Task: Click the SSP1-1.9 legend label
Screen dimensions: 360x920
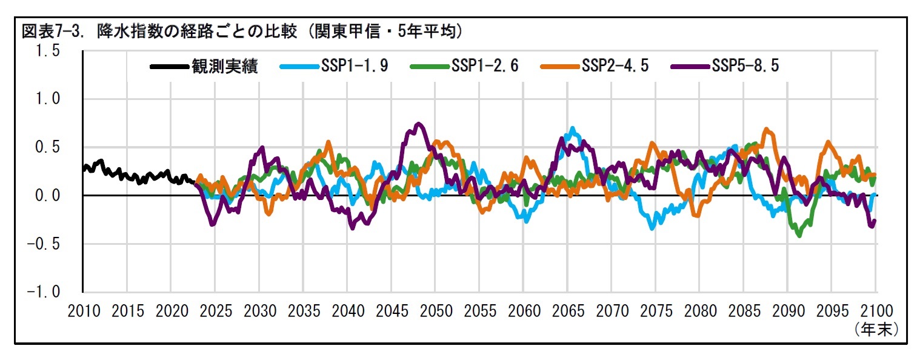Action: (x=355, y=65)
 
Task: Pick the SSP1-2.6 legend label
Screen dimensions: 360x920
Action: (x=485, y=65)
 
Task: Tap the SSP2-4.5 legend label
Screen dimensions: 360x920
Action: (x=615, y=65)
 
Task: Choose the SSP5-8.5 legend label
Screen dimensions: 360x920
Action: (x=745, y=65)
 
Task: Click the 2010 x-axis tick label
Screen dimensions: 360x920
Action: (x=84, y=312)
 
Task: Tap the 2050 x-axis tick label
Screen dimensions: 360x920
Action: (x=436, y=312)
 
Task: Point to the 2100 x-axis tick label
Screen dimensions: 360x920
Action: (x=876, y=312)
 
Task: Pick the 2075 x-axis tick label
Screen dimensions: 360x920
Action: (x=656, y=312)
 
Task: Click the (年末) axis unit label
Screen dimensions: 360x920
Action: (x=876, y=329)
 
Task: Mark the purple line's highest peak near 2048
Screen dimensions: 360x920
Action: (x=418, y=124)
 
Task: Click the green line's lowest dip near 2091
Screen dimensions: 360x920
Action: (x=799, y=235)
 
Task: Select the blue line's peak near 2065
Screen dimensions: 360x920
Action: (x=572, y=128)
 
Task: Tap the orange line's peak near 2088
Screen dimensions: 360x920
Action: (x=767, y=129)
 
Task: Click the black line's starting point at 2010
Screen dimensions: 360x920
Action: (x=84, y=170)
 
